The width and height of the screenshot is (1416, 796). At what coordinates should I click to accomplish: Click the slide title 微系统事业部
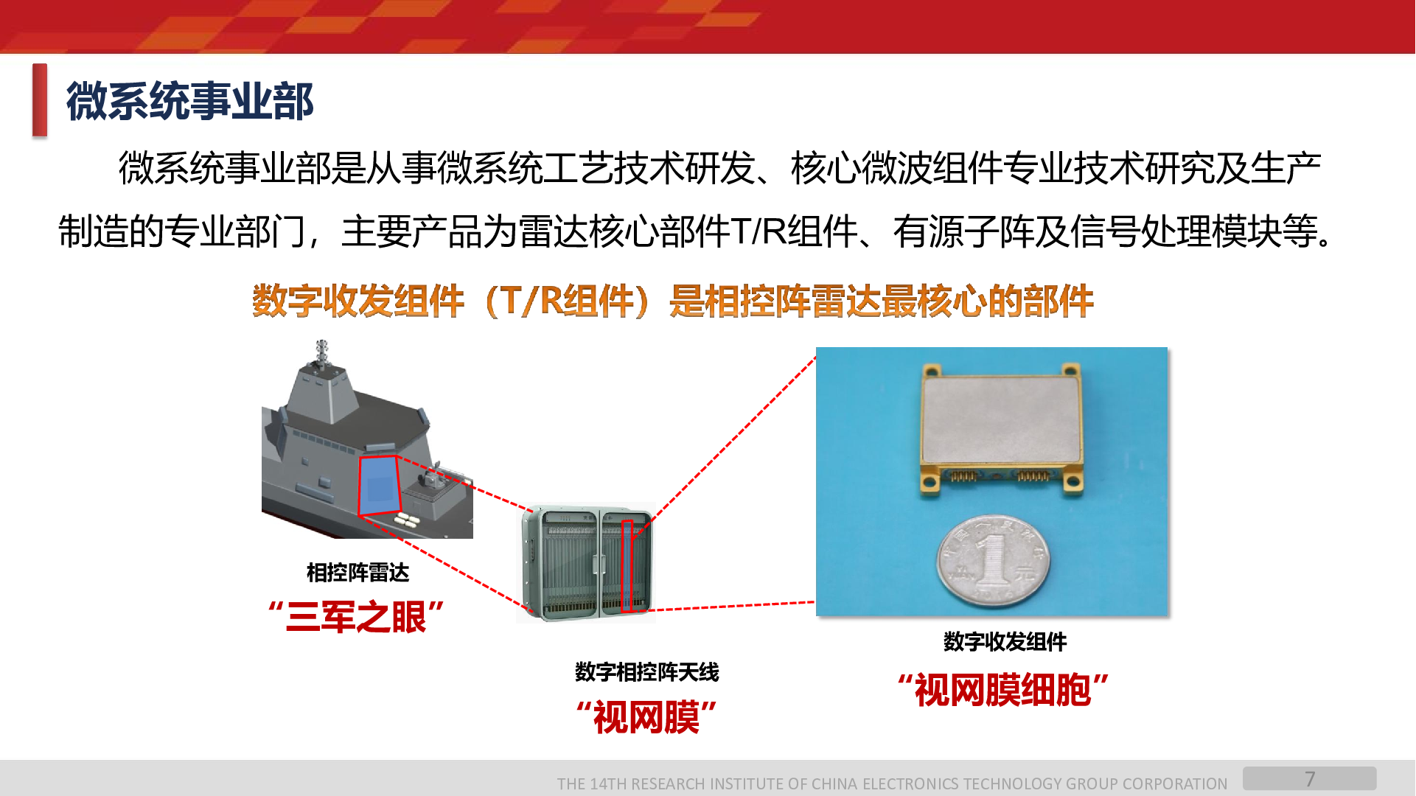coord(190,101)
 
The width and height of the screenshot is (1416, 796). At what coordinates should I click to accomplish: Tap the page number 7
coord(1310,779)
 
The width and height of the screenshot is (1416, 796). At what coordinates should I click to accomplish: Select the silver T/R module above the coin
coord(1001,427)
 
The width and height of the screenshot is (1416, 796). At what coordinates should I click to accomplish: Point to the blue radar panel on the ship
coord(380,485)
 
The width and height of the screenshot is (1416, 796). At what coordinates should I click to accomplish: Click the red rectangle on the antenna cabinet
coord(627,566)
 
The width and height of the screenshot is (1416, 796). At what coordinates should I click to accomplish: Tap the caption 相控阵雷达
coord(358,573)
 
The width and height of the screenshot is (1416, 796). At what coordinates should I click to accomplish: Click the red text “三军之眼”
coord(357,617)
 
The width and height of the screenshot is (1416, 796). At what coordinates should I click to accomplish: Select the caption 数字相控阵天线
coord(646,672)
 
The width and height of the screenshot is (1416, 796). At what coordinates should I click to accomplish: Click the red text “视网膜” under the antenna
coord(646,717)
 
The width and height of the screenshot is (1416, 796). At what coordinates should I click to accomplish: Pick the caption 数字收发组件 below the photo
coord(1005,642)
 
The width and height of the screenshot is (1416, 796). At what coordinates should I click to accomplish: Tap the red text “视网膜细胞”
coord(1003,691)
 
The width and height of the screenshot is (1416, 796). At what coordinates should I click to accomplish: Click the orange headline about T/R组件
coord(672,301)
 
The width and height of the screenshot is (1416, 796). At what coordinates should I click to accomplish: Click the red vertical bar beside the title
coord(40,100)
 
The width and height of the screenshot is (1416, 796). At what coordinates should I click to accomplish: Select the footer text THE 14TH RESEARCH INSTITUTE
coord(892,783)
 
